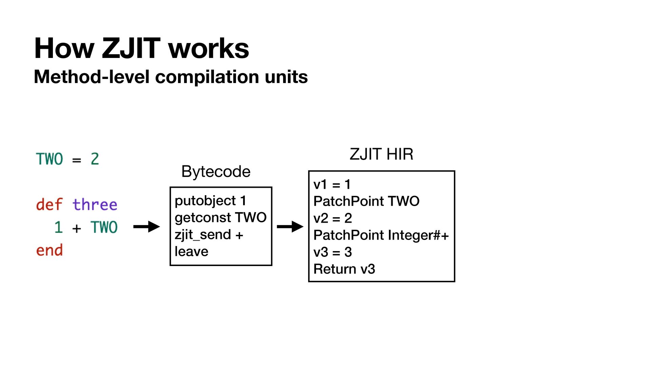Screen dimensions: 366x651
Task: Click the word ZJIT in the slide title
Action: pos(131,48)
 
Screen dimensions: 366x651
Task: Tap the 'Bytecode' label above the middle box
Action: pos(216,171)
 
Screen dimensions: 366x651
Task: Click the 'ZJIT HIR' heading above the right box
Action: pos(381,154)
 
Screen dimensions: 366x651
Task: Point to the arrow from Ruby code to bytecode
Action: pos(146,226)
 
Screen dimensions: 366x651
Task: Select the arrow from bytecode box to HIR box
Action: pos(290,226)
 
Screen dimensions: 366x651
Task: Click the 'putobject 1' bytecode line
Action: pos(210,201)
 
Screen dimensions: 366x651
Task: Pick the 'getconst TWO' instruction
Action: pos(220,218)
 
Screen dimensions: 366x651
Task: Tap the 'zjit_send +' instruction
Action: pos(209,235)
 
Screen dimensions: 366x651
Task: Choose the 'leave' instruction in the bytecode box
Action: pos(191,251)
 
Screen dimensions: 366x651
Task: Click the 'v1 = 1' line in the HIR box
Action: pos(332,184)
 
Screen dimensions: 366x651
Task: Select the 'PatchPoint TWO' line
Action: pos(366,201)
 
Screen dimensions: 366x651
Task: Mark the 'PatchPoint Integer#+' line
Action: pos(381,235)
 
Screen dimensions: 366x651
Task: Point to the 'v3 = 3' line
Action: pos(333,252)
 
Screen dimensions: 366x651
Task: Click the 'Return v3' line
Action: pos(344,269)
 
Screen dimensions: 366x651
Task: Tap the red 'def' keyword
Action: pos(50,205)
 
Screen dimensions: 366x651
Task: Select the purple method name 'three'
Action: pos(95,205)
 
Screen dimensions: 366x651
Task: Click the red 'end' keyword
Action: pos(50,250)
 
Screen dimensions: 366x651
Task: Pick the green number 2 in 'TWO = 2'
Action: pos(95,159)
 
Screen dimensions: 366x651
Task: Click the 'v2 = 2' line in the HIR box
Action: pos(333,218)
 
